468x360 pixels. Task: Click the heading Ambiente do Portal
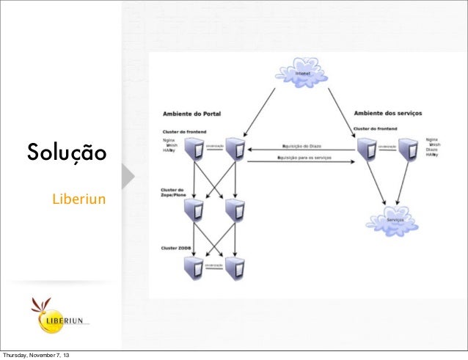[191, 114]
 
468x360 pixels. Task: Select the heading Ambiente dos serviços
[387, 114]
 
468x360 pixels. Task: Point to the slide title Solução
[67, 154]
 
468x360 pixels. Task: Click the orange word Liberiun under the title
[78, 199]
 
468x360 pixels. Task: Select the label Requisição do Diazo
[304, 145]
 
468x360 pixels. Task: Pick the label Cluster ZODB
[177, 248]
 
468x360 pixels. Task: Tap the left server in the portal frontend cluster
[194, 150]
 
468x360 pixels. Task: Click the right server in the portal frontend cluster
[235, 150]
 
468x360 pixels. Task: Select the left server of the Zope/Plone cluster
[194, 210]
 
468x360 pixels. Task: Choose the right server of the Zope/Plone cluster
[235, 210]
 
